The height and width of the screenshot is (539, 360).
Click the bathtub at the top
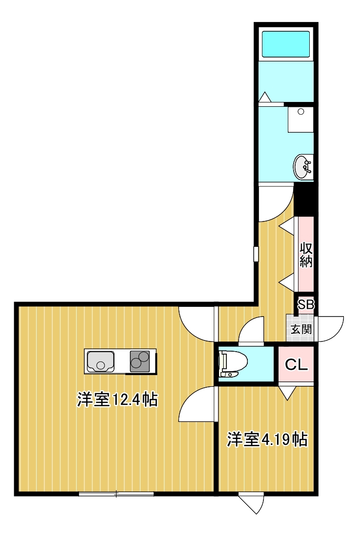pos(286,44)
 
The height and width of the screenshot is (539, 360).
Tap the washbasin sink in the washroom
pos(302,167)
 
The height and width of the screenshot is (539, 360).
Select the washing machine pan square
pos(300,119)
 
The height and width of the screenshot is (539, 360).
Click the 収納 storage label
pos(306,254)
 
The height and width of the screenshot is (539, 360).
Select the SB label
pos(306,305)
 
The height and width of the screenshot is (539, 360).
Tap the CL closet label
pos(297,364)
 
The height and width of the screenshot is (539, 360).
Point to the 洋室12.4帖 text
pos(117,400)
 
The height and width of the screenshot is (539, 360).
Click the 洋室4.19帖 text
pos(266,439)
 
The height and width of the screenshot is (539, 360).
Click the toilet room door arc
pos(252,329)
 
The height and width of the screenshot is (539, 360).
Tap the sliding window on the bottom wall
pos(116,494)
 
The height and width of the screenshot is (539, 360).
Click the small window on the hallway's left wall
pos(256,254)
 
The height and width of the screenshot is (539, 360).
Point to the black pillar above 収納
pos(306,199)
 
